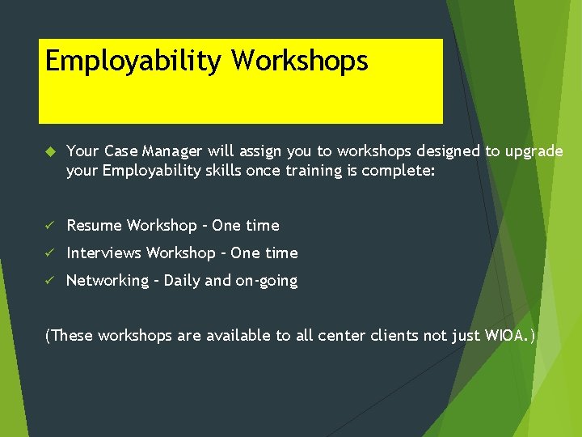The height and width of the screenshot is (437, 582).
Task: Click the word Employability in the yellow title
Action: tap(134, 62)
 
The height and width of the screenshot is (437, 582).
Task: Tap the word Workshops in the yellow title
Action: tap(300, 62)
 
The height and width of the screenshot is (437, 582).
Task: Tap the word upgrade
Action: tap(533, 151)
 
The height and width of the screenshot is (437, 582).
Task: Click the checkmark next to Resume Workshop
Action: tap(49, 226)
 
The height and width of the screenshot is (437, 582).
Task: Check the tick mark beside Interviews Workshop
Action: tap(49, 253)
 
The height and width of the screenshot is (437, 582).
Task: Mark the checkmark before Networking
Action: tap(49, 281)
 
